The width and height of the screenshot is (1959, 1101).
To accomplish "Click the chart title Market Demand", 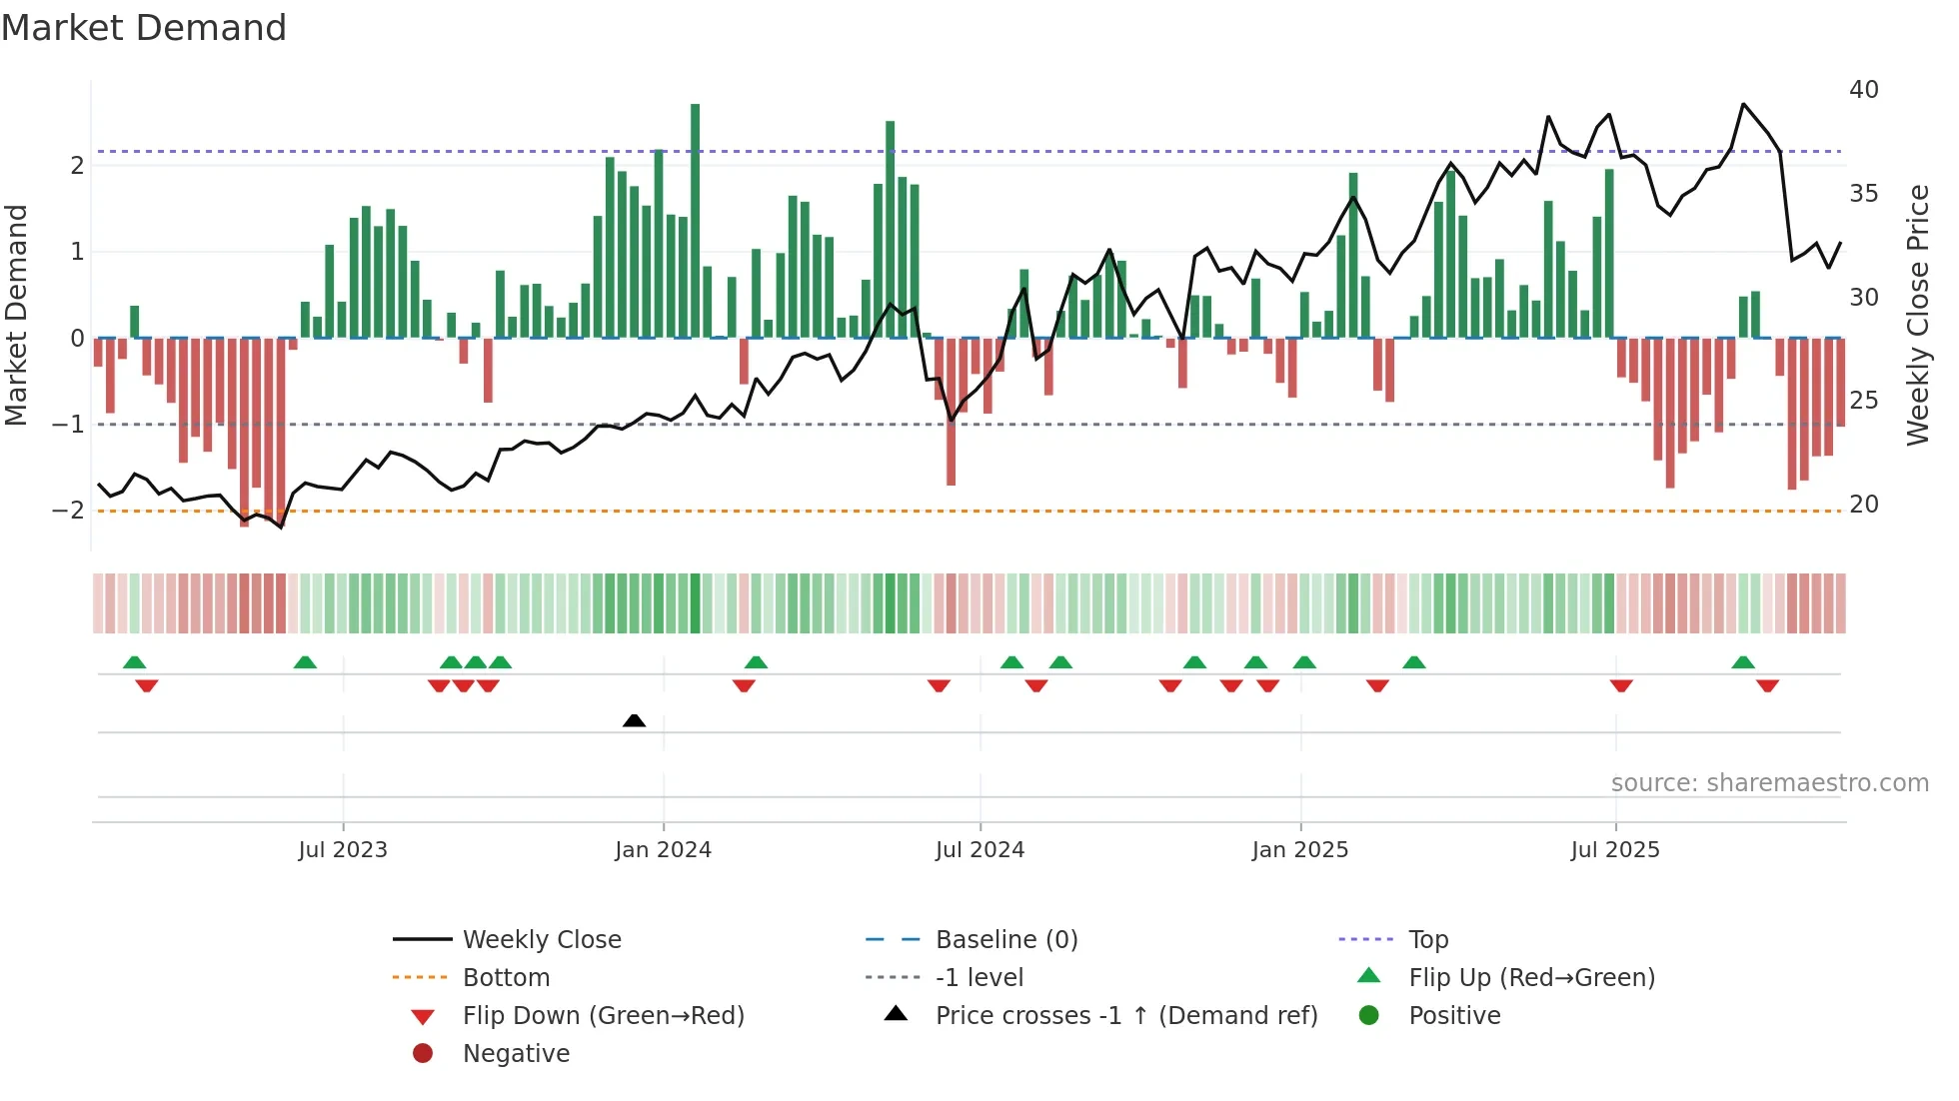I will click(x=144, y=28).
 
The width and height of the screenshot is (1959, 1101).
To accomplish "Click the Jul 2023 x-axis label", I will click(x=343, y=850).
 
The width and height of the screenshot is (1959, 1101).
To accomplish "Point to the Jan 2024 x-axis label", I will click(x=663, y=850).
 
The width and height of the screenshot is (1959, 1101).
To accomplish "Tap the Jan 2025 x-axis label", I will click(x=1299, y=850).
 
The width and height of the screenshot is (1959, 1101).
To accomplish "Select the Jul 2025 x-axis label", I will click(x=1615, y=850).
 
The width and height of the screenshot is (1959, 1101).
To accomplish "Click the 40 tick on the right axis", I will click(x=1863, y=90).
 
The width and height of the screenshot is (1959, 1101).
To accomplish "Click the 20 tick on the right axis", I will click(x=1863, y=505).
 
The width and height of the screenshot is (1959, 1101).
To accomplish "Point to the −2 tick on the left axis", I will click(x=68, y=511).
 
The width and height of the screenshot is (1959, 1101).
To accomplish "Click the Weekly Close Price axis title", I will click(x=1917, y=315).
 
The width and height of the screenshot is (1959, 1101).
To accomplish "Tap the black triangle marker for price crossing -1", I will click(x=634, y=720).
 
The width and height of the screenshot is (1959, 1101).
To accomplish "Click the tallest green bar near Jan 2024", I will click(x=695, y=220).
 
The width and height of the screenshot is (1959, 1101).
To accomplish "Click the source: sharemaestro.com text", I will click(x=1769, y=783).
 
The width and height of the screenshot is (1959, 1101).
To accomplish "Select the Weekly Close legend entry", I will click(x=541, y=940).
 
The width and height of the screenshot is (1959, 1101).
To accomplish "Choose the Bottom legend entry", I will click(x=506, y=978).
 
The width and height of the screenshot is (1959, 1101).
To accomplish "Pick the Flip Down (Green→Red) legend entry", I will click(x=603, y=1016).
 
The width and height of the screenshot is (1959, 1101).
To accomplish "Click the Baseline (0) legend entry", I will click(x=1005, y=940).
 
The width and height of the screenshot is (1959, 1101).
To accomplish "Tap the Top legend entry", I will click(x=1427, y=940).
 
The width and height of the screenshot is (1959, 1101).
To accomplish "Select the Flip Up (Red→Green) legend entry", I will click(x=1531, y=978).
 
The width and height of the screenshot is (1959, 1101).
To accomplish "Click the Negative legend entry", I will click(x=516, y=1054).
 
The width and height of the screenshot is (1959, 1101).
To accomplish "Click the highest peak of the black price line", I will click(x=1744, y=104).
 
